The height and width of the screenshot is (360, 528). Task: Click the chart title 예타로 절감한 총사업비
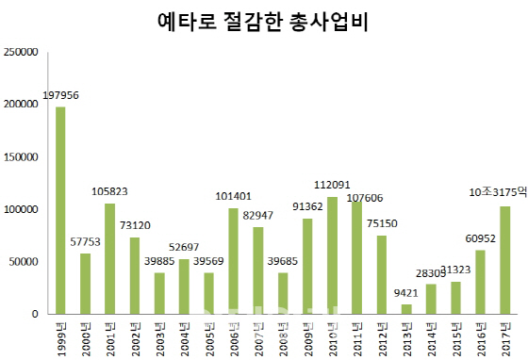(263, 22)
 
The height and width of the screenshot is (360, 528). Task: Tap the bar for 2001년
(110, 258)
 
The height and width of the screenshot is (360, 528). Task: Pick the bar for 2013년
(406, 309)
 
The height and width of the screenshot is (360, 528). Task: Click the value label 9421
(406, 293)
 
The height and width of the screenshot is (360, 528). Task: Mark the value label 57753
(86, 242)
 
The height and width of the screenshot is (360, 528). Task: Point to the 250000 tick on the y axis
(20, 51)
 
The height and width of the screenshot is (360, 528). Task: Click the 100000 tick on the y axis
(20, 209)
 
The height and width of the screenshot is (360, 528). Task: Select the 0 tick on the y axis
(33, 314)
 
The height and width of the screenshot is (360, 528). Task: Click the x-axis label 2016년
(481, 336)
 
